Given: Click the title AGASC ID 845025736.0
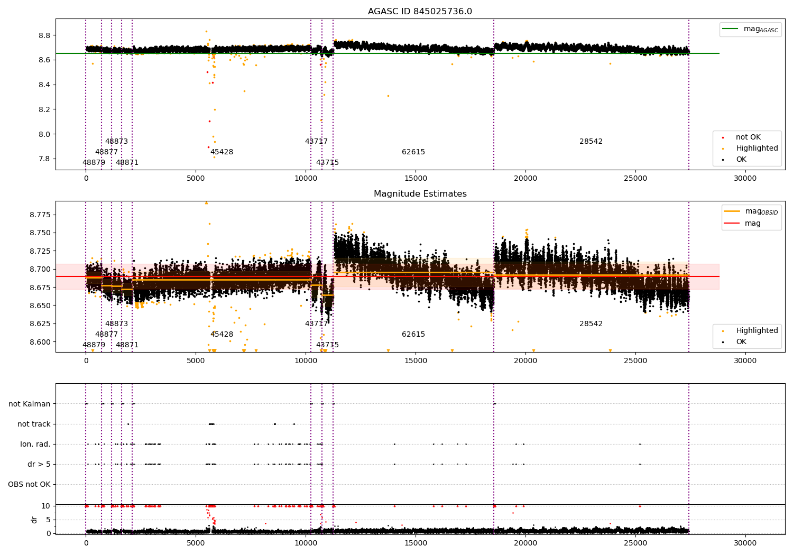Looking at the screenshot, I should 420,12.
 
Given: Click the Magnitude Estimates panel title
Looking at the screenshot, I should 420,194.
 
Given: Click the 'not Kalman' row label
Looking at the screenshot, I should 30,404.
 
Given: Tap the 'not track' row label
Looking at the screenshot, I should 34,424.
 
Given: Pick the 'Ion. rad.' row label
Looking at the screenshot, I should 35,445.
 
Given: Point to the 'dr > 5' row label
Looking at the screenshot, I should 39,465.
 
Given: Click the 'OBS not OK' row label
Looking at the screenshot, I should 30,485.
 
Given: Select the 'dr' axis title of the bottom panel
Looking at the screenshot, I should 34,520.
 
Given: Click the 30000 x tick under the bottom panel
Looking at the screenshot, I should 745,543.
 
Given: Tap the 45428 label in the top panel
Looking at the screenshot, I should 222,152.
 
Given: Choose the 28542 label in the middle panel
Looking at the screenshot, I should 591,324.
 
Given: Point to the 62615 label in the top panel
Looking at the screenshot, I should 413,152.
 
